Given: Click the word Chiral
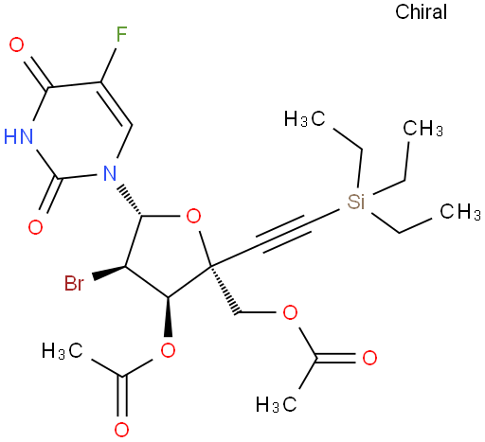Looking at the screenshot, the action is [421, 12].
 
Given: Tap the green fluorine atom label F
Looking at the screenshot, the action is [121, 34].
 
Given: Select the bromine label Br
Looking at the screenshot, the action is [74, 283].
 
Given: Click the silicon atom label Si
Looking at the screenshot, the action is [356, 202].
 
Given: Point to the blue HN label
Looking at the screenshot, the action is [18, 136].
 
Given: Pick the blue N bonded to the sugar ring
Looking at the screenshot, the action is [110, 173].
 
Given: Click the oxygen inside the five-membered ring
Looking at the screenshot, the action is [193, 217].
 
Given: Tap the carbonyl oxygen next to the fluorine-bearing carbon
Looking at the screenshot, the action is [16, 44].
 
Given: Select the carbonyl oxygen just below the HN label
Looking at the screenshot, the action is [35, 227].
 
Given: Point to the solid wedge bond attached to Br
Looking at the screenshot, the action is [109, 273].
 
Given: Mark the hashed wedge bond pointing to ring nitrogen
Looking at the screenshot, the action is [130, 202].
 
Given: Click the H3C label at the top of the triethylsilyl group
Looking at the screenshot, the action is [304, 119].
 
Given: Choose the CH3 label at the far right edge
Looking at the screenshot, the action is [460, 211].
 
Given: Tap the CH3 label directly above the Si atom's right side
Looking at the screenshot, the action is [422, 129].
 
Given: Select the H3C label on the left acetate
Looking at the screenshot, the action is [63, 351].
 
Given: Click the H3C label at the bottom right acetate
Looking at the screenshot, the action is [277, 404].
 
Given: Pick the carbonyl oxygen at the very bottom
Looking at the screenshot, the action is [121, 430].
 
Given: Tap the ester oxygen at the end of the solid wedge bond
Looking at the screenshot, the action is [168, 350].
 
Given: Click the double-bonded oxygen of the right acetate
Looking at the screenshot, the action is [369, 358].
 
